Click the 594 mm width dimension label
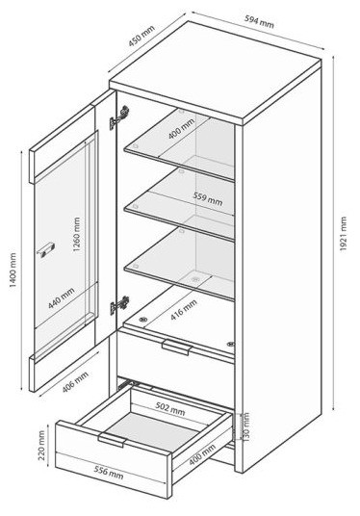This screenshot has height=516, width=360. tap(259, 22)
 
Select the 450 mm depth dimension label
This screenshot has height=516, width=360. tap(141, 36)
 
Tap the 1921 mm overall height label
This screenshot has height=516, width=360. tap(344, 234)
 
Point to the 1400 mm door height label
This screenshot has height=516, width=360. tap(13, 270)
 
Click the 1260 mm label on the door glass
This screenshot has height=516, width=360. tap(77, 234)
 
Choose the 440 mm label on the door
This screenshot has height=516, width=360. tap(62, 298)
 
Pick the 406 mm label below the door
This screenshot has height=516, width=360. tap(75, 382)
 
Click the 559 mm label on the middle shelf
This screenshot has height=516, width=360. tap(208, 199)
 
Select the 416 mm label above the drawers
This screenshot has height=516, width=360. tap(184, 310)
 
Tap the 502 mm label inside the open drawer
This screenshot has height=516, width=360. tap(170, 409)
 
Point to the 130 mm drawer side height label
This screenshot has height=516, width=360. tap(246, 426)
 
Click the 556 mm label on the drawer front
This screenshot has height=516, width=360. tap(109, 473)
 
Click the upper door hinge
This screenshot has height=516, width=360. tap(119, 117)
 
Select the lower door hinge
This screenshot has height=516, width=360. tap(119, 306)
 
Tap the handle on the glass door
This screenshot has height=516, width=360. tap(45, 248)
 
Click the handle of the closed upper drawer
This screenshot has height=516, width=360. tap(177, 347)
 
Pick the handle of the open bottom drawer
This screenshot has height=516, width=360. tap(113, 440)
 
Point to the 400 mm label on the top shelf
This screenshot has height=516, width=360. tap(181, 129)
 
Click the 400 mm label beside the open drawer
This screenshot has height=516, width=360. tap(202, 454)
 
